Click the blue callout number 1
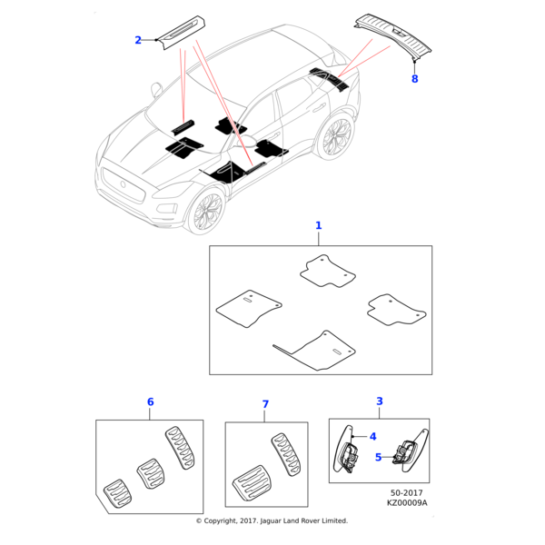(319, 225)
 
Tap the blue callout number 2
(138, 40)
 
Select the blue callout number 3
(380, 401)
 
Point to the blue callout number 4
(373, 437)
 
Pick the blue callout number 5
(379, 458)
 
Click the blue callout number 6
(150, 402)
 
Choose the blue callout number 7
(265, 404)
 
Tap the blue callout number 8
(415, 79)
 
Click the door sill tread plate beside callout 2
(181, 32)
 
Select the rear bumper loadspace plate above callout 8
(393, 35)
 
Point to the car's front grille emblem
(123, 183)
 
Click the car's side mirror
(156, 89)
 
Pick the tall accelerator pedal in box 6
(180, 449)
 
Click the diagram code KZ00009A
(407, 503)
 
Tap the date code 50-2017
(407, 493)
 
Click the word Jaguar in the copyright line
(271, 520)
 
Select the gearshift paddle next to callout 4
(345, 450)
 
